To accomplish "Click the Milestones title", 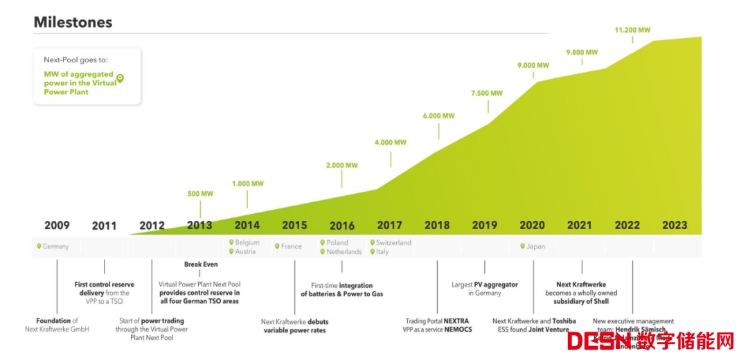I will (73, 22).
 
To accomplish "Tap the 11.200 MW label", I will (632, 30).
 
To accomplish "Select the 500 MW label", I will (200, 194).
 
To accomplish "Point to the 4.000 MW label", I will (391, 143).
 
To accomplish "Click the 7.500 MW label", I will (487, 93).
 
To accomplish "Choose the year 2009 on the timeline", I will (57, 225).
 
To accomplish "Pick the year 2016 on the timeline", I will (342, 225).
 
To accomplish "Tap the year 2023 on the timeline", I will (675, 225).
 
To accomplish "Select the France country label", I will (291, 246).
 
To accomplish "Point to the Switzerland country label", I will (393, 243).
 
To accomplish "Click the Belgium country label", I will (247, 243).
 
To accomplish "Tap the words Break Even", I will (201, 264).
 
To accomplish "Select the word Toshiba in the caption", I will (564, 321).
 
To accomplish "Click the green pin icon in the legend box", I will (120, 78).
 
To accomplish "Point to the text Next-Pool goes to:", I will (75, 60).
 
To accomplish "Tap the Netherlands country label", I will (344, 252).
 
